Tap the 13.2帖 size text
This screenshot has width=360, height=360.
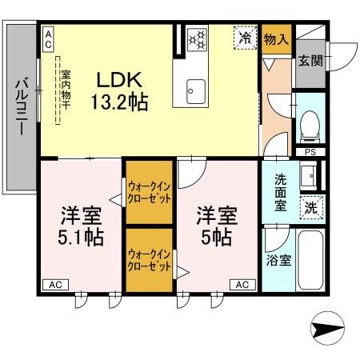[121, 103]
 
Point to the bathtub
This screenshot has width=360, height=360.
[310, 261]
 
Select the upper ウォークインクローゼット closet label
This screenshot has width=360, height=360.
[149, 192]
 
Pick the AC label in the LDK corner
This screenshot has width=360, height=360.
[49, 36]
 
